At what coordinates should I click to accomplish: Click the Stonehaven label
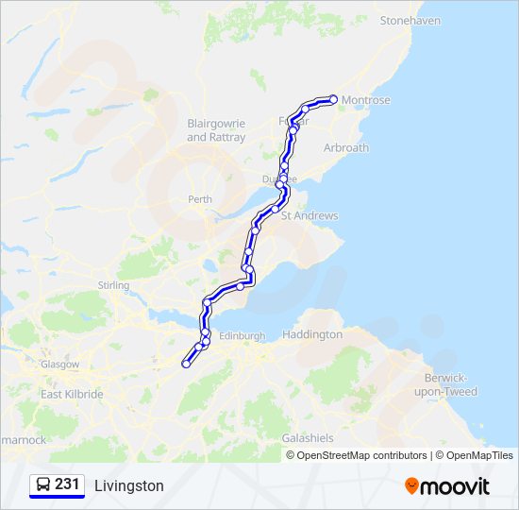coord(410,20)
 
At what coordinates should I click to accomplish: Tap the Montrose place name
coord(367,100)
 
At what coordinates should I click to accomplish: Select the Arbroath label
coord(345,148)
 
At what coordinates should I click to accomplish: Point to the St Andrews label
coord(310,216)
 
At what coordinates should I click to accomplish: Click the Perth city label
coord(200,199)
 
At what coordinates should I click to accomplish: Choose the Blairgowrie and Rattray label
coord(216,130)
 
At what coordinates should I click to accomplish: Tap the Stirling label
coord(113,284)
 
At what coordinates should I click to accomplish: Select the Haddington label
coord(312,334)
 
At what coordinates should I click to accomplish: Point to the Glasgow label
coord(59,364)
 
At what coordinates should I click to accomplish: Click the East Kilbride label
coord(72,394)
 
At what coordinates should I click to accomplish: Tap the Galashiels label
coord(308,438)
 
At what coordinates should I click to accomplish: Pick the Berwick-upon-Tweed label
coord(451,384)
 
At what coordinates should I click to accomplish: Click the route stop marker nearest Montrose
coord(333,98)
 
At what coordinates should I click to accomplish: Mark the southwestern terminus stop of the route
coord(186,364)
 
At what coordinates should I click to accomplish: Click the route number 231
coord(67,484)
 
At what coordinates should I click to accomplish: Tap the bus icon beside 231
coord(43,484)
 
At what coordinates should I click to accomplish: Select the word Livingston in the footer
coord(129,485)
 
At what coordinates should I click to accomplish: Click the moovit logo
coord(447,485)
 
